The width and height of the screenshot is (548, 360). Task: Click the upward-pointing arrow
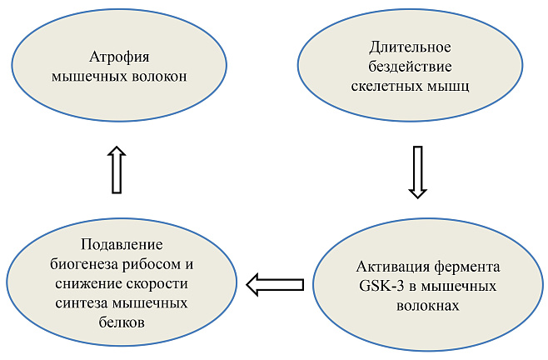(117, 170)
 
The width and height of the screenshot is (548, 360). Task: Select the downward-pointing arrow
(417, 172)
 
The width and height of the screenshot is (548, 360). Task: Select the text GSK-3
(375, 286)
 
